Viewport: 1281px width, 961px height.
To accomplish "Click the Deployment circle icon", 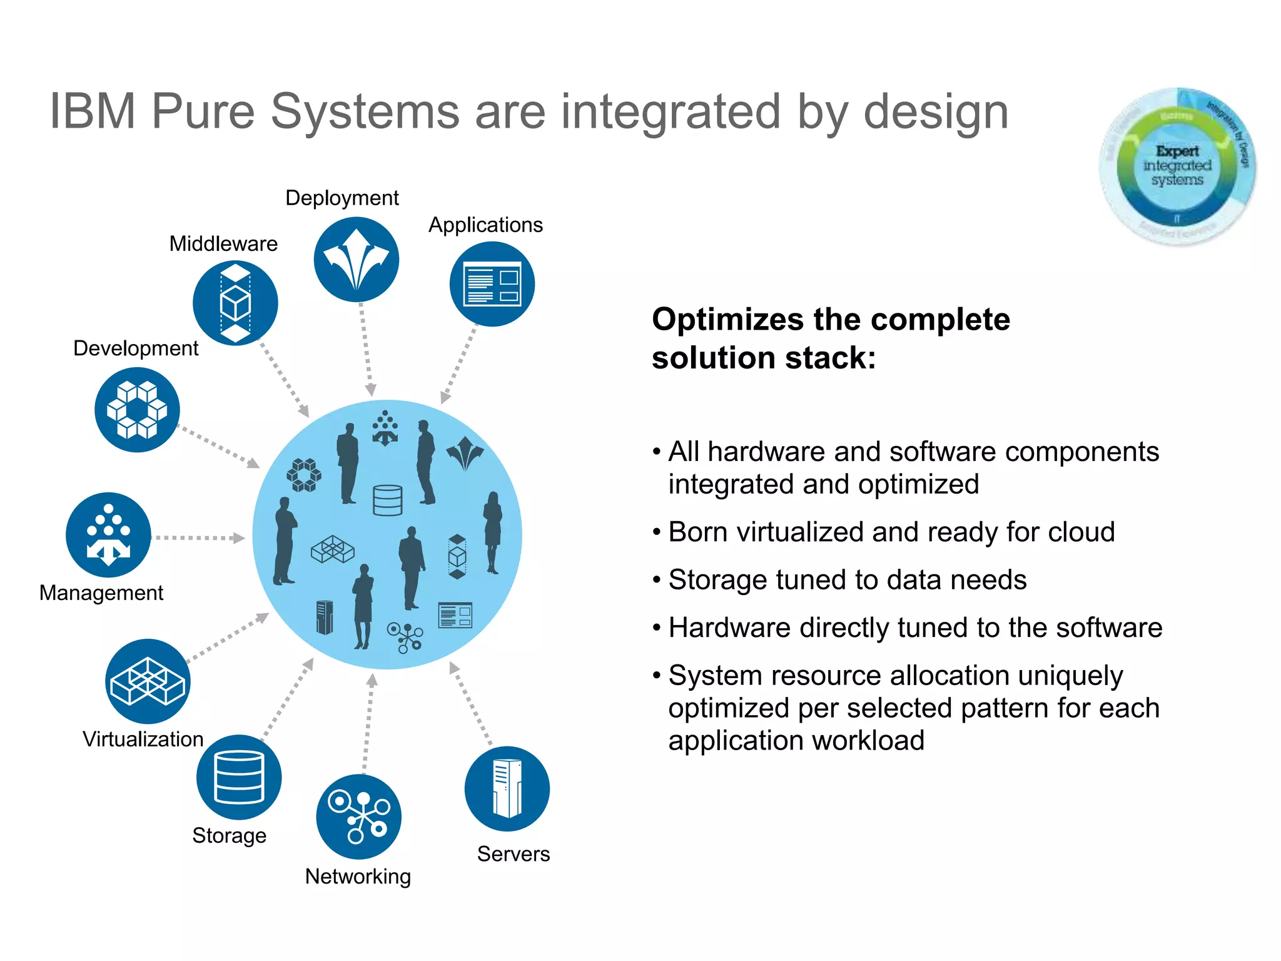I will [356, 260].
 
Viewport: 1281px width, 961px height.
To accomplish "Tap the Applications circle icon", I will [492, 284].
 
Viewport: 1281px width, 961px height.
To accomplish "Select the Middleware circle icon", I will [235, 303].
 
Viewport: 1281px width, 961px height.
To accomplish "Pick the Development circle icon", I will [137, 410].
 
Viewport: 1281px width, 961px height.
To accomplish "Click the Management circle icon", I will [108, 535].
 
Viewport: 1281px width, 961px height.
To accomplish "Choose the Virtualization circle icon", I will [148, 681].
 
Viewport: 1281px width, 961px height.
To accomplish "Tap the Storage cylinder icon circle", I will [239, 777].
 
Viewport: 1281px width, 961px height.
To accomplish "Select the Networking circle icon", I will [358, 816].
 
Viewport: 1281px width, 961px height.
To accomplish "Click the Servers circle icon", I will [507, 788].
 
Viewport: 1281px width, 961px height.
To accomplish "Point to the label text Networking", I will [358, 877].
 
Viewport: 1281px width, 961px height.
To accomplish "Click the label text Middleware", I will [223, 243].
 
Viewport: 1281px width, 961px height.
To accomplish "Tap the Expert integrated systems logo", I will [1177, 166].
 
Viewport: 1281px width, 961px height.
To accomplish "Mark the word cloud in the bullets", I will [1081, 532].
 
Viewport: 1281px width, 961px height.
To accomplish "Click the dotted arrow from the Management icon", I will [199, 537].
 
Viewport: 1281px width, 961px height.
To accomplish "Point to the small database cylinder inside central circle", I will [387, 500].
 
